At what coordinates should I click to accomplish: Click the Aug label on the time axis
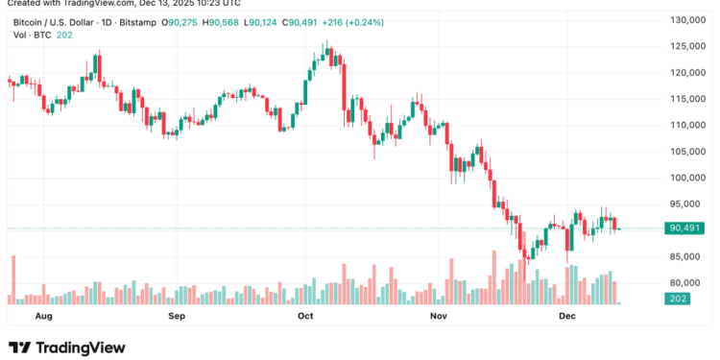point(43,315)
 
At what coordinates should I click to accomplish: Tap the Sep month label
point(176,315)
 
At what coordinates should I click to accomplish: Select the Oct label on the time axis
point(306,315)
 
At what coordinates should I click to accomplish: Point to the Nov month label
point(439,315)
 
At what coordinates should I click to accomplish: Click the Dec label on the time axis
point(566,315)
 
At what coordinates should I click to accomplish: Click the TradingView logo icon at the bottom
point(19,348)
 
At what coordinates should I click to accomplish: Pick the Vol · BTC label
point(27,36)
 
